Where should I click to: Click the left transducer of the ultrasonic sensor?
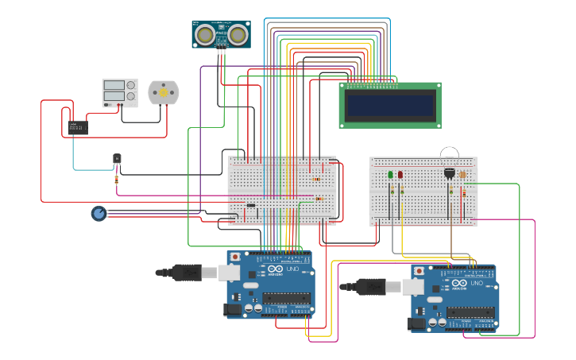click(x=206, y=34)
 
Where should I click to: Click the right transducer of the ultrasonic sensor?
click(x=238, y=34)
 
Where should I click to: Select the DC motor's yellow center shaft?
click(x=164, y=93)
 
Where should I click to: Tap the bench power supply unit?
click(x=119, y=93)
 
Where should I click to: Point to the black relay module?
click(x=77, y=127)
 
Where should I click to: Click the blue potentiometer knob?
click(x=99, y=213)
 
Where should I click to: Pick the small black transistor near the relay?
click(x=117, y=160)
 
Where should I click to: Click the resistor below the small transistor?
click(x=117, y=180)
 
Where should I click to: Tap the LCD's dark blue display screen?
click(x=389, y=104)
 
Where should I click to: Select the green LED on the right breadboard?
click(x=390, y=175)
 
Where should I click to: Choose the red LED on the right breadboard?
click(x=400, y=175)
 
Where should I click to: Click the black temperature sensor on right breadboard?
click(x=450, y=172)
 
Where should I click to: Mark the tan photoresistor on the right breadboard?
click(x=463, y=174)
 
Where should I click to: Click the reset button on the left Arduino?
click(x=234, y=257)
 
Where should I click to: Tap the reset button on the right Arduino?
click(x=419, y=271)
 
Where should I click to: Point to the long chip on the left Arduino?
click(x=285, y=298)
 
